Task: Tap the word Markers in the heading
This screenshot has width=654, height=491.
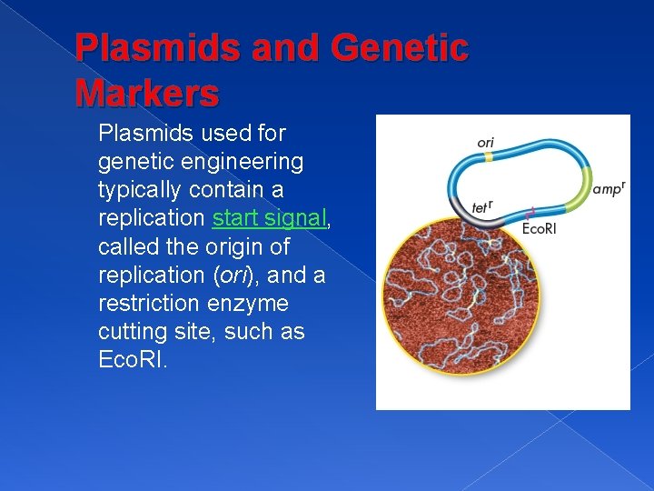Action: click(147, 92)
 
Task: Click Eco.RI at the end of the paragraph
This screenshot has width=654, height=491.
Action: click(132, 360)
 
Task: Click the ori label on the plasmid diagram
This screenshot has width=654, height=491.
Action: click(486, 143)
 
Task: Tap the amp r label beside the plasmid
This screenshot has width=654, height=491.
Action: click(609, 188)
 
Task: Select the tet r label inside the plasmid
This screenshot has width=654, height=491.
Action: click(481, 207)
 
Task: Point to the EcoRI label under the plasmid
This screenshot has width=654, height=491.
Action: click(539, 228)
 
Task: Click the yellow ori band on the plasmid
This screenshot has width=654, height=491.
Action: click(488, 157)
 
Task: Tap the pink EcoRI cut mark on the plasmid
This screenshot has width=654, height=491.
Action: click(530, 214)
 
